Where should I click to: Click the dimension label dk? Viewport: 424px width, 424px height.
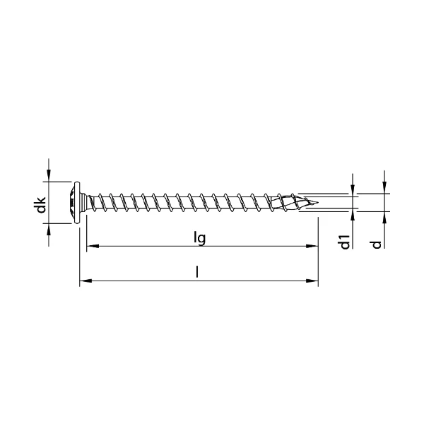click(42, 205)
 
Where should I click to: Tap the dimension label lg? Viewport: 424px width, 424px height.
click(200, 239)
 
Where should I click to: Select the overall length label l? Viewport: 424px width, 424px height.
click(197, 272)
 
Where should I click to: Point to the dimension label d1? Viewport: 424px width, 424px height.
click(345, 242)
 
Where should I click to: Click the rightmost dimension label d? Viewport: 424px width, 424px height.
click(376, 245)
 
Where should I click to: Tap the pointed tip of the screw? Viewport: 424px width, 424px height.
click(318, 202)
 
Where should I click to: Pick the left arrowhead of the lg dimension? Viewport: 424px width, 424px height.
click(93, 246)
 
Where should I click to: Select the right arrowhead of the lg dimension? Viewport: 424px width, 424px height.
click(312, 246)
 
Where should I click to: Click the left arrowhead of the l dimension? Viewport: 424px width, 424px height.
click(86, 281)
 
